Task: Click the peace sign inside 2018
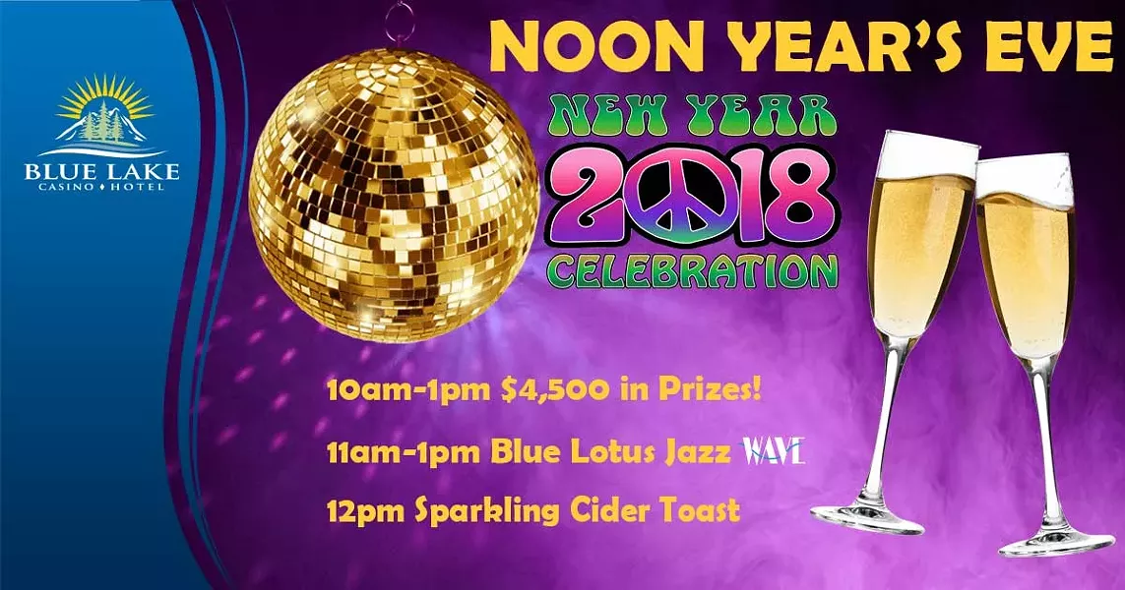coord(680,194)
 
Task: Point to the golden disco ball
coord(393,195)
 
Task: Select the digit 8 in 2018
coord(797,196)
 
